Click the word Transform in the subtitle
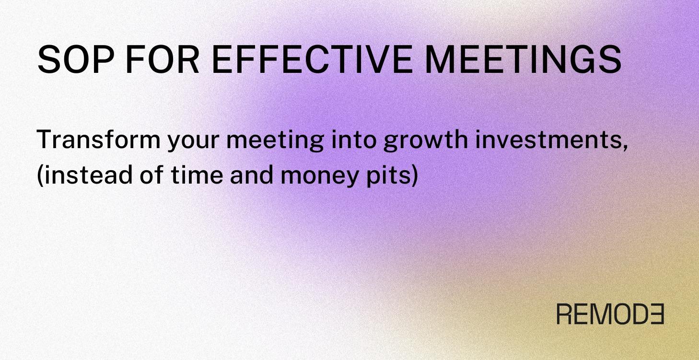[98, 139]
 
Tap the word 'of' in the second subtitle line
[153, 174]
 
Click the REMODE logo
[610, 314]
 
